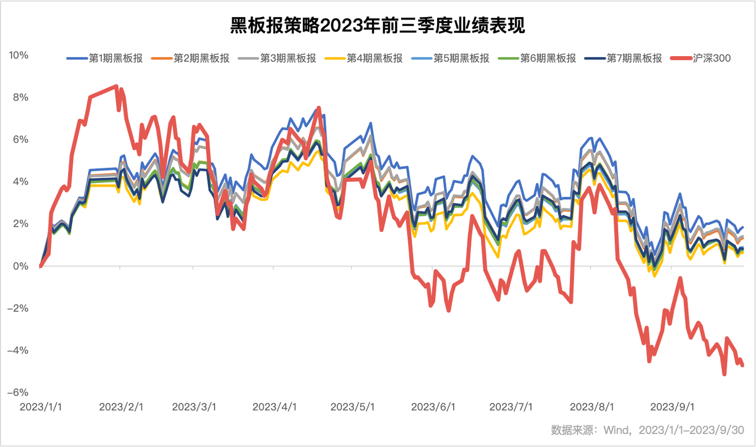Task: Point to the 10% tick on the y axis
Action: (18, 56)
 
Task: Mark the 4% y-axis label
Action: (21, 182)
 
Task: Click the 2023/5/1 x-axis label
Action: (352, 407)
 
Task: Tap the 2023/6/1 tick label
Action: (433, 407)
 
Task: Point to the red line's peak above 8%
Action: (116, 86)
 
